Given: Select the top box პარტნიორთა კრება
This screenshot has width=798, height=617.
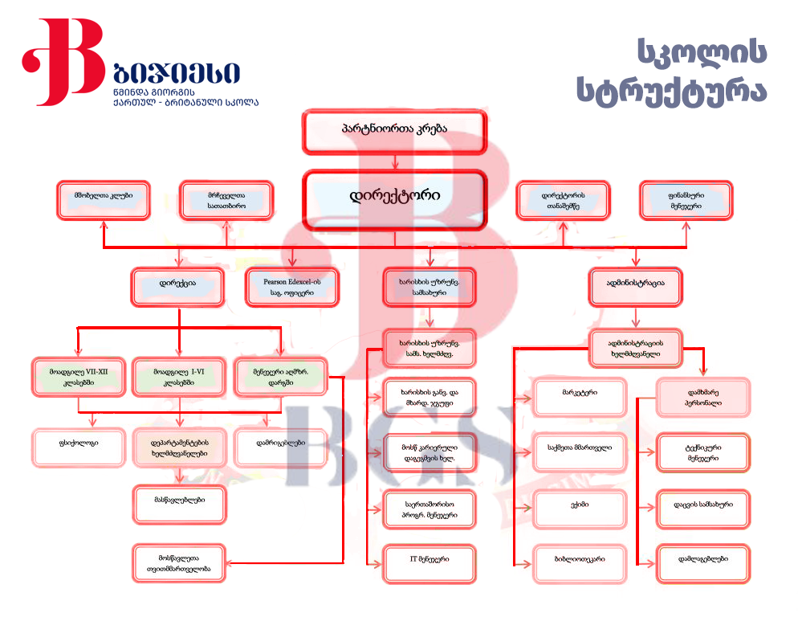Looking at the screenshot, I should click(x=394, y=131).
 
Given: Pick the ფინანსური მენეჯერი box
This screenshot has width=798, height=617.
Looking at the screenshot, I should click(x=686, y=200).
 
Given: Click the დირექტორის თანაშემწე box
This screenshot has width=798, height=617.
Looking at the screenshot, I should click(x=563, y=200).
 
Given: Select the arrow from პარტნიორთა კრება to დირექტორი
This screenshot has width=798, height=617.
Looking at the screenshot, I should click(x=394, y=162).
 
